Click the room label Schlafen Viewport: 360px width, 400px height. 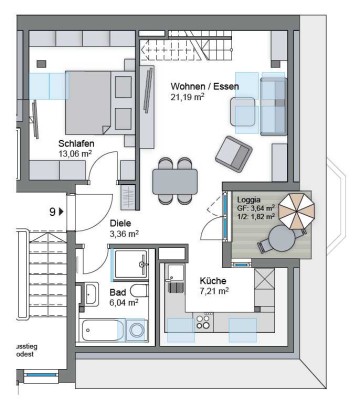point(76,143)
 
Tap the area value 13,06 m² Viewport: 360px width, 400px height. point(75,155)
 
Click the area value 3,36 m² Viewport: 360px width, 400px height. point(124,235)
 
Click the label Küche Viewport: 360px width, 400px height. point(212,281)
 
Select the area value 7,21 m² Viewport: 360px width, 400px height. point(214,292)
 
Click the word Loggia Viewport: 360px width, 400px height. point(248,200)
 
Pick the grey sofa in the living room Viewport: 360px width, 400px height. point(273,103)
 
